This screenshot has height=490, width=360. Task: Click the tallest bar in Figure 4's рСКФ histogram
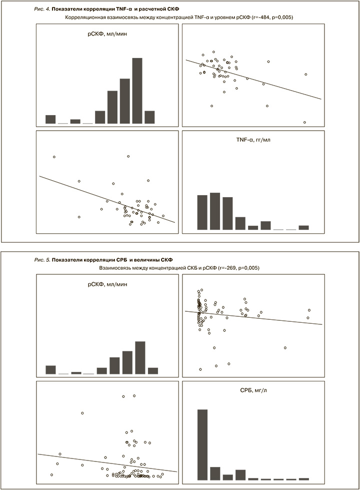[x=137, y=91]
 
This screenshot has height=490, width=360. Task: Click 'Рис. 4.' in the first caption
[x=42, y=9]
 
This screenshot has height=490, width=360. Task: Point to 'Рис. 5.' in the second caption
[x=42, y=260]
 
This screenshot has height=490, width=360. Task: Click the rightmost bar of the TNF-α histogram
[x=303, y=227]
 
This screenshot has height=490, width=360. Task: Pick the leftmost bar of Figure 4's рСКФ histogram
[x=50, y=119]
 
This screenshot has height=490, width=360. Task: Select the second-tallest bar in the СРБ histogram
[x=215, y=473]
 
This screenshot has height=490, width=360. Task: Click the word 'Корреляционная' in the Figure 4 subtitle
[x=88, y=18]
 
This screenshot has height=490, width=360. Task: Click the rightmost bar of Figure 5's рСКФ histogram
[x=153, y=371]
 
